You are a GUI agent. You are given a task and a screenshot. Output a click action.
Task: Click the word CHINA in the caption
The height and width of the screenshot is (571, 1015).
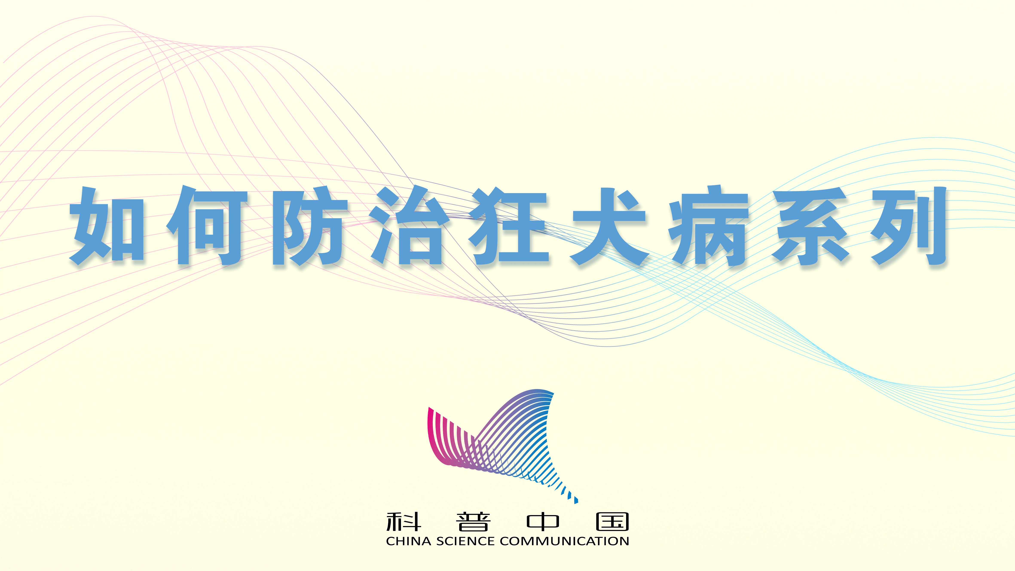tap(409, 541)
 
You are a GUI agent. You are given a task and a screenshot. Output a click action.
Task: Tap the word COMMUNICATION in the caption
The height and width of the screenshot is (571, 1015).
tap(564, 541)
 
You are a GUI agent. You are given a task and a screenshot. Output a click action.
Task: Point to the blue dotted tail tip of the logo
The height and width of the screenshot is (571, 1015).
tap(576, 501)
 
